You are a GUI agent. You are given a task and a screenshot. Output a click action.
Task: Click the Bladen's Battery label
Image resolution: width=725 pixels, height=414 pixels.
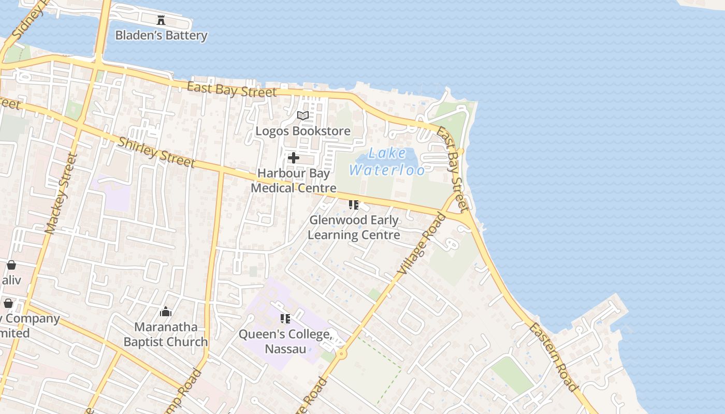[x=161, y=35]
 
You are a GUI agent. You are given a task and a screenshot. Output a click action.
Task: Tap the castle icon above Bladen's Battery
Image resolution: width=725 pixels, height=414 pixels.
[x=161, y=20]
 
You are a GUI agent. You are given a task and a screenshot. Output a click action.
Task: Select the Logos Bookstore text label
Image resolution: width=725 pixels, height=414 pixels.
[x=303, y=131]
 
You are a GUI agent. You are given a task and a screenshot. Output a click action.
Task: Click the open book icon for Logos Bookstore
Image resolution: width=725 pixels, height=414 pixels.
[x=303, y=115]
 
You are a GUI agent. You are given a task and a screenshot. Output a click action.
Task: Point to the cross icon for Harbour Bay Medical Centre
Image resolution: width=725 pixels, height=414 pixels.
[x=294, y=158]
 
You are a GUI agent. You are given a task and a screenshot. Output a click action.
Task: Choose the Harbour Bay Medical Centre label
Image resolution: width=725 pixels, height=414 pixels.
[x=294, y=181]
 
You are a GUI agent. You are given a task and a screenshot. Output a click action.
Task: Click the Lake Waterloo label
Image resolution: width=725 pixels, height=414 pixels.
[x=387, y=161]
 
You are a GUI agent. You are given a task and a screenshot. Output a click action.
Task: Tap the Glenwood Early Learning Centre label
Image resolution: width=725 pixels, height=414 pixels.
[x=354, y=227]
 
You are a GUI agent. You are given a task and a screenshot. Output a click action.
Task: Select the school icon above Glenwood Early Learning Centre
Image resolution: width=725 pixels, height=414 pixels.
[x=354, y=205]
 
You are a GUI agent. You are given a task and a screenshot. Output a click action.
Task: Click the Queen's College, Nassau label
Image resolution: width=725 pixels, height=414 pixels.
[x=286, y=342]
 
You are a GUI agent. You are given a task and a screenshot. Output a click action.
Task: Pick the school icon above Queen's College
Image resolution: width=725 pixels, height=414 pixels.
[x=285, y=319]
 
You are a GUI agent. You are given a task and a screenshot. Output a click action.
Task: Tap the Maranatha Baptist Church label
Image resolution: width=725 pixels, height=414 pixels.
[x=166, y=334]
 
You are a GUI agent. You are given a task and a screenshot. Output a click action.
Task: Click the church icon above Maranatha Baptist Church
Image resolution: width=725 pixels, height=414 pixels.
[x=166, y=312]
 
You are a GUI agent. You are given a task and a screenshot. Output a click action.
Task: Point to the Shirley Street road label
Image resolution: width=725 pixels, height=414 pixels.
[x=156, y=152]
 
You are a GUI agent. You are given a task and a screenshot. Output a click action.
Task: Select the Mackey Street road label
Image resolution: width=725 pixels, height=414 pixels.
[x=61, y=194]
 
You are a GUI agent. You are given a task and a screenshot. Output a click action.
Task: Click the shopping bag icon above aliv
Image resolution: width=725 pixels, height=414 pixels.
[x=11, y=265]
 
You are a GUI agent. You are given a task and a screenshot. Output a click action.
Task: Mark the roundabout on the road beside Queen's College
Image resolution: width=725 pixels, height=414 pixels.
[x=341, y=354]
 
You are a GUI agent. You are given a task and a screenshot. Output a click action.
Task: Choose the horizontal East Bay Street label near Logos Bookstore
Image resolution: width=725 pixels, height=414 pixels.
[x=231, y=90]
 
